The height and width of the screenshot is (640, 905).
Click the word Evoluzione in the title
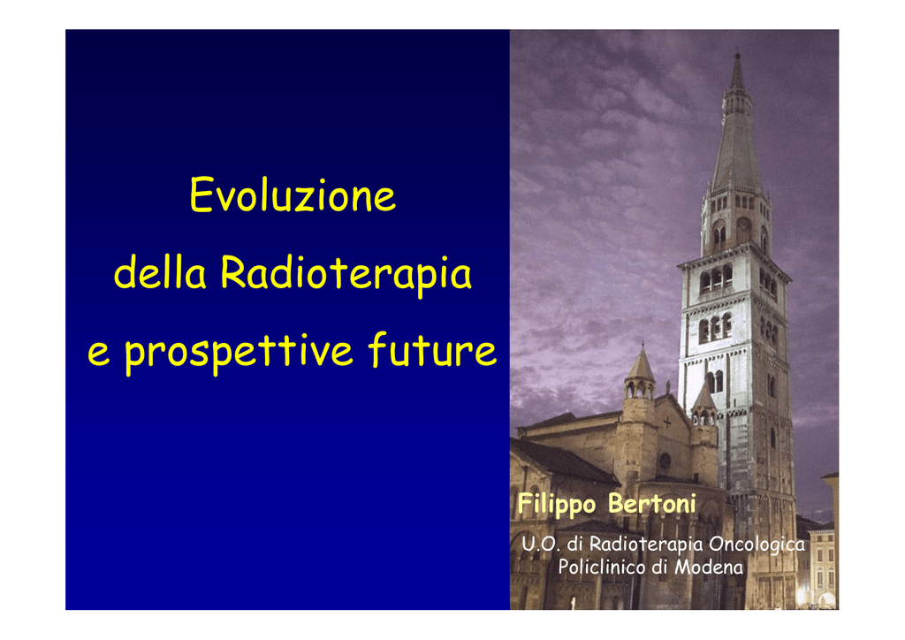click(x=293, y=195)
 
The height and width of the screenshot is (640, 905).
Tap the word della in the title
click(x=160, y=272)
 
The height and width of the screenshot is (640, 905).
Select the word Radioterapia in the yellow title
click(x=346, y=275)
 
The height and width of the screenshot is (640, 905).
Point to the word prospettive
click(x=239, y=352)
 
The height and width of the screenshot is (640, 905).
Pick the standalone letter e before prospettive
click(x=99, y=354)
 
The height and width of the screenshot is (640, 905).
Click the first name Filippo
click(x=557, y=504)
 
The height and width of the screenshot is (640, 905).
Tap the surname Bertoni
click(x=652, y=504)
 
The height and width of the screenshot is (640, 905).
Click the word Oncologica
click(x=757, y=545)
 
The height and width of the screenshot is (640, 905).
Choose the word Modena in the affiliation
click(x=709, y=568)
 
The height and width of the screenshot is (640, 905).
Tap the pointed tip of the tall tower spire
click(x=737, y=55)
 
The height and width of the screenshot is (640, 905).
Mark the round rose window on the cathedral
click(x=665, y=461)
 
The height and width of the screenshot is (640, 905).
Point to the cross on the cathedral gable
click(x=666, y=422)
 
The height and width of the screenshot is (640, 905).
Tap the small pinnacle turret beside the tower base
click(x=704, y=404)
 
